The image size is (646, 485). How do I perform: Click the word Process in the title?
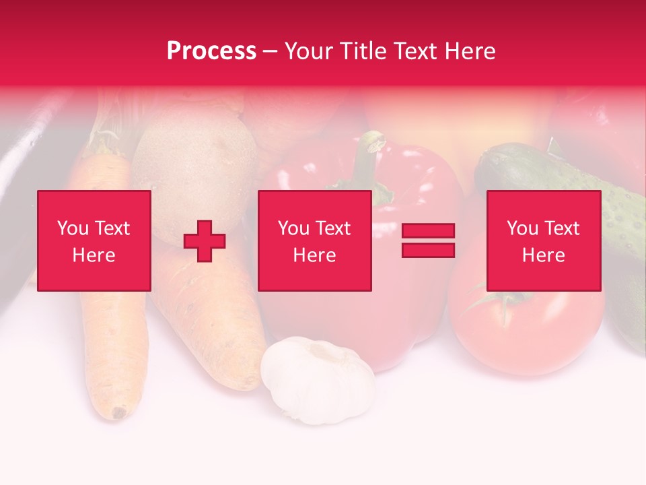211,51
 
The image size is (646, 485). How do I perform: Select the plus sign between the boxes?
205,241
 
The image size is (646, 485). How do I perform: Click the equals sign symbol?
428,240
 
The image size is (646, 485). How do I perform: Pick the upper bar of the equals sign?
428,231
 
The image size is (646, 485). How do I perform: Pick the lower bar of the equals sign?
428,250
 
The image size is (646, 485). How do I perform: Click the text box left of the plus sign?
94,240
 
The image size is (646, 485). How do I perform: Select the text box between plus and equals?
314,240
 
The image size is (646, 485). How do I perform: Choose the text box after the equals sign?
543,240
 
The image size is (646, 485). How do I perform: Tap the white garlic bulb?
318,381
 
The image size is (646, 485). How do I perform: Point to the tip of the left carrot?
120,411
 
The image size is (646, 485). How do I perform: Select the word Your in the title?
307,51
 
